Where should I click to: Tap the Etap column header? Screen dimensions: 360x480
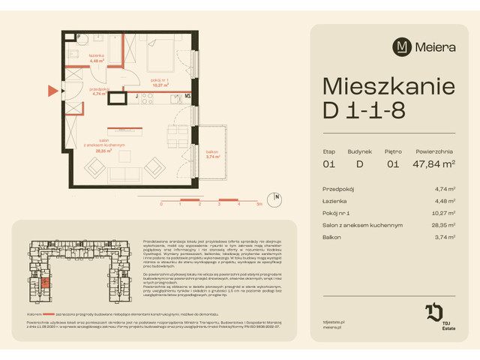pyautogui.click(x=328, y=151)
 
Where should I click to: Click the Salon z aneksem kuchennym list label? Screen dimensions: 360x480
pyautogui.click(x=362, y=224)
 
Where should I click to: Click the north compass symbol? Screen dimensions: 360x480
pyautogui.click(x=277, y=199)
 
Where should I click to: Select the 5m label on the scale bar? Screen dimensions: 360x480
pyautogui.click(x=259, y=203)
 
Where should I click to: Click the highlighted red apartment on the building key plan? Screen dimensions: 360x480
pyautogui.click(x=46, y=283)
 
